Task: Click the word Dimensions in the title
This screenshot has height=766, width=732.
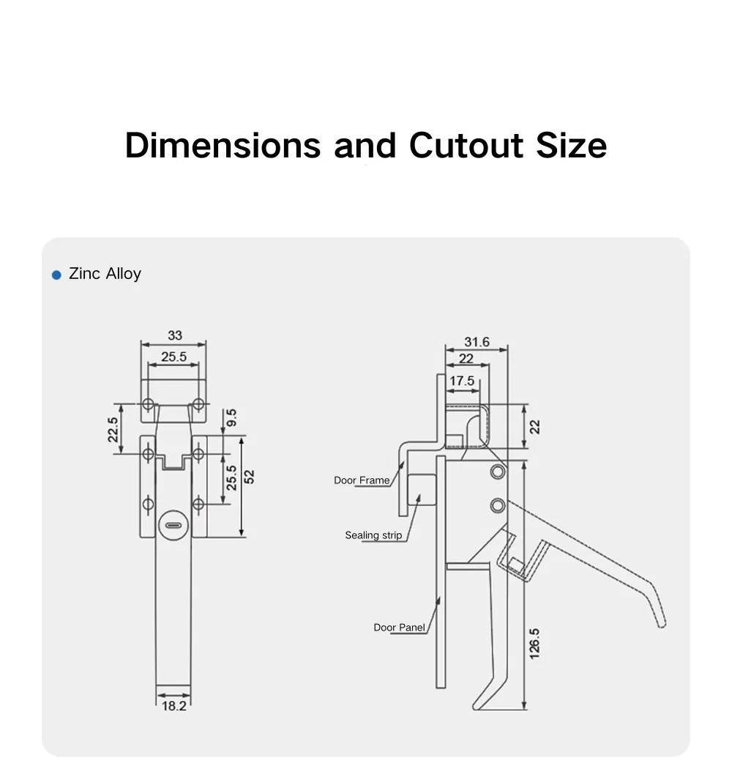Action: pyautogui.click(x=223, y=146)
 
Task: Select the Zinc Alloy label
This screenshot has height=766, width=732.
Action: pyautogui.click(x=105, y=274)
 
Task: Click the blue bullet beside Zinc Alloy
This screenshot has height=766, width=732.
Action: pyautogui.click(x=56, y=275)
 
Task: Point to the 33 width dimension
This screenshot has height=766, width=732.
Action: pyautogui.click(x=174, y=335)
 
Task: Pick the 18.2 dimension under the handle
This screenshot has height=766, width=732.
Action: pyautogui.click(x=173, y=706)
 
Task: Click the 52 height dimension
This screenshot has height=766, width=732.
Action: pyautogui.click(x=250, y=476)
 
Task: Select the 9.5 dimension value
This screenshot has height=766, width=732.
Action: pyautogui.click(x=231, y=419)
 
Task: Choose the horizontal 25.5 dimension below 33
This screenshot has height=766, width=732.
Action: pyautogui.click(x=174, y=357)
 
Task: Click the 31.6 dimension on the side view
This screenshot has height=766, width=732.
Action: pyautogui.click(x=477, y=342)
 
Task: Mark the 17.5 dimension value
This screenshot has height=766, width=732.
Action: pyautogui.click(x=462, y=381)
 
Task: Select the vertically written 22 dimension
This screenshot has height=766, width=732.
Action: pyautogui.click(x=535, y=426)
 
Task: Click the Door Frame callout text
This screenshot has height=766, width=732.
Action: pyautogui.click(x=362, y=480)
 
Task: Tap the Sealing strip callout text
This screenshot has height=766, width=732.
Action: pyautogui.click(x=373, y=535)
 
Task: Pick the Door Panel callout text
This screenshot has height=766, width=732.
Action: pyautogui.click(x=399, y=628)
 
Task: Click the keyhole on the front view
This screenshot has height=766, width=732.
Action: pyautogui.click(x=173, y=525)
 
